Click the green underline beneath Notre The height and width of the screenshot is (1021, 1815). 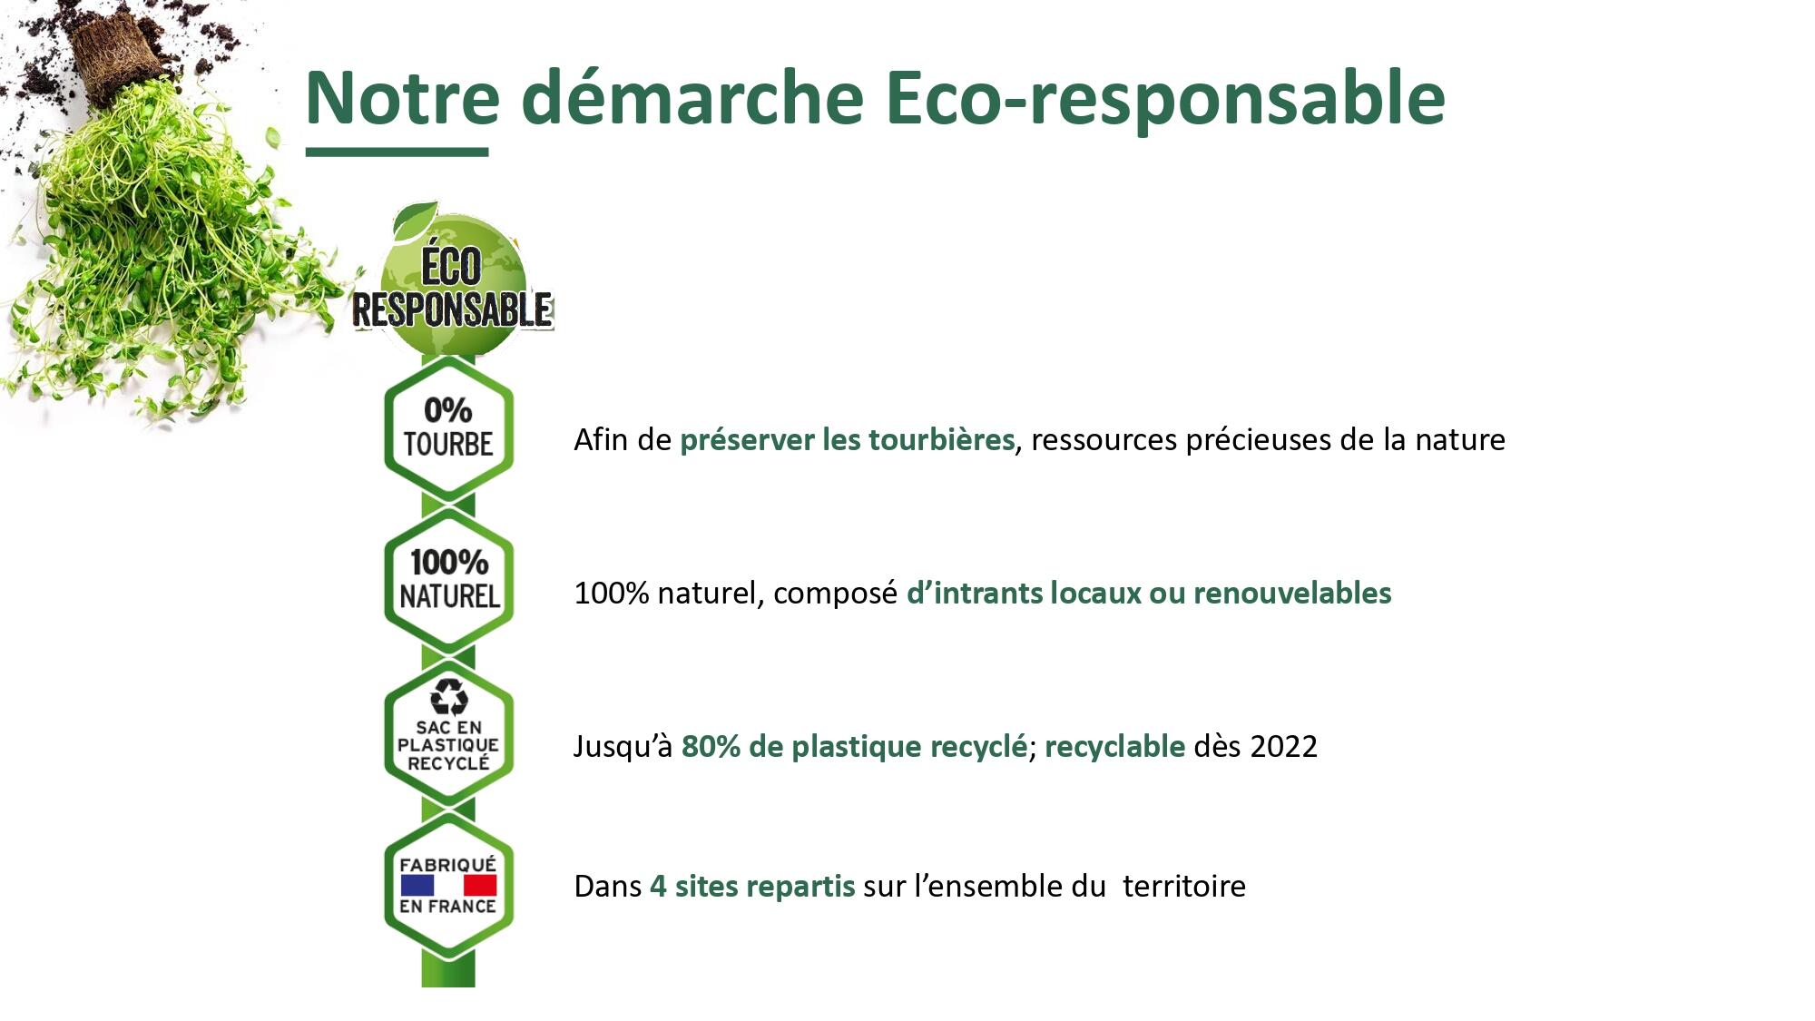[x=397, y=152]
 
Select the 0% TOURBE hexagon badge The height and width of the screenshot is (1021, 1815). [x=448, y=427]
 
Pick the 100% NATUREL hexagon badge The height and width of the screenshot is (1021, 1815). [x=448, y=580]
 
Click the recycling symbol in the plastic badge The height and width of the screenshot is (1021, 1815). [x=448, y=697]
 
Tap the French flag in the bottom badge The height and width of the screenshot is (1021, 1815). [x=448, y=885]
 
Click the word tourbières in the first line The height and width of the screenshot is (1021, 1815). [x=941, y=439]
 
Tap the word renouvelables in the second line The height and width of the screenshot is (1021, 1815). [x=1292, y=593]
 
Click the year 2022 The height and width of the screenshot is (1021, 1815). [x=1283, y=746]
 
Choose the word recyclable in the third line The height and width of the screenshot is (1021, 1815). [x=1114, y=746]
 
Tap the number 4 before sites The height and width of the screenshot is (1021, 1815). [x=658, y=886]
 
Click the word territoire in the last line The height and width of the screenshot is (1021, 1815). [x=1183, y=886]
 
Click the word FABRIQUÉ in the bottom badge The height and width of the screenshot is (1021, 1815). [x=448, y=864]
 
